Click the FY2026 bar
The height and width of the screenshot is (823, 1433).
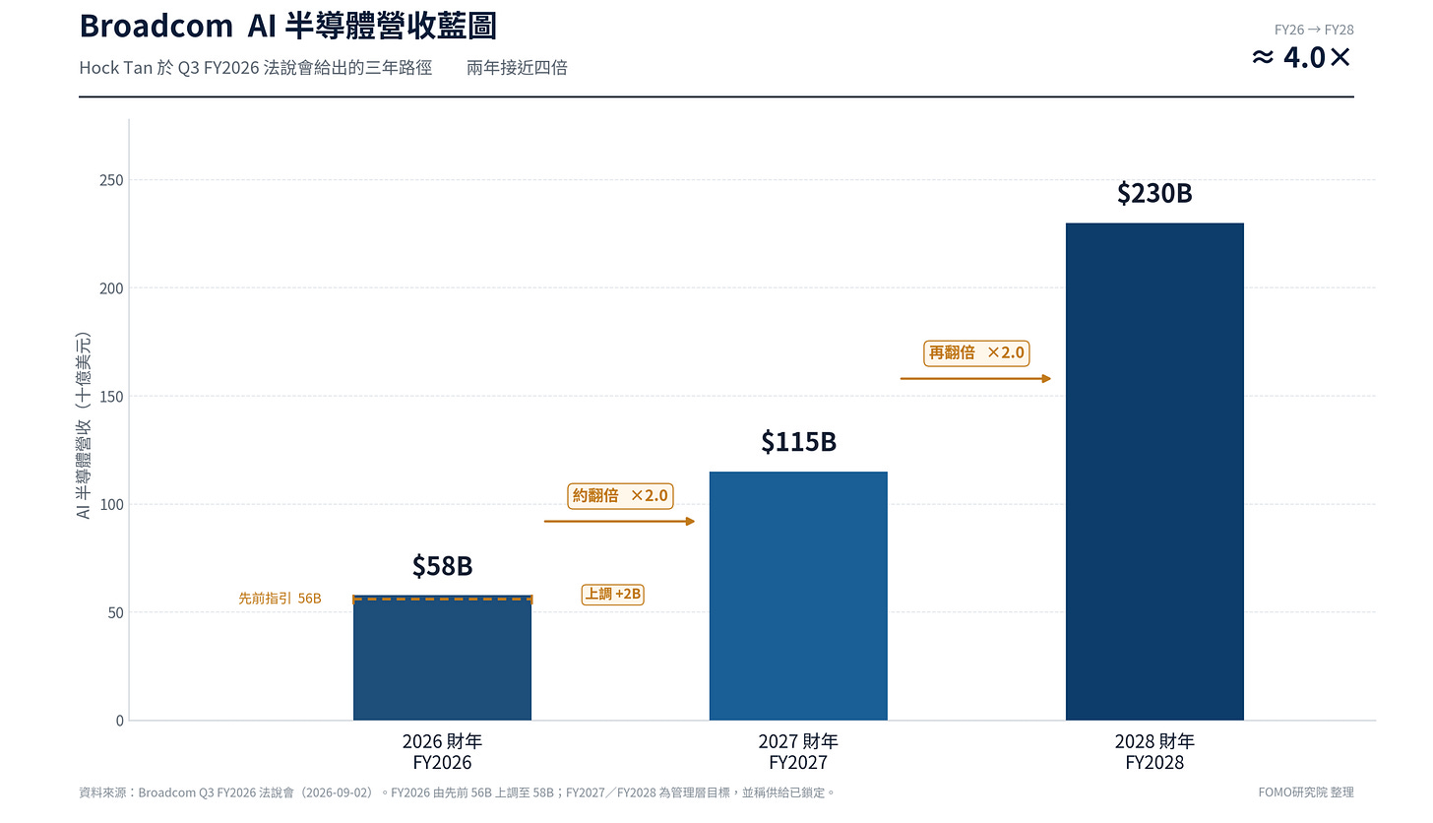coord(442,658)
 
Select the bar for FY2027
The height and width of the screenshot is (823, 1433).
coord(798,596)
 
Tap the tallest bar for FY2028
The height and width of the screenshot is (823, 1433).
coord(1154,472)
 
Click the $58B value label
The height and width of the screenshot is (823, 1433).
coord(442,566)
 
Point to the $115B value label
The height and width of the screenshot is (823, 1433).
coord(798,442)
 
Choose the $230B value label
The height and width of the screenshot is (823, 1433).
coord(1154,193)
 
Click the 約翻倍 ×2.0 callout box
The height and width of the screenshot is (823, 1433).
coord(620,496)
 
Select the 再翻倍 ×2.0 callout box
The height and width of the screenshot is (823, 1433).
coord(976,353)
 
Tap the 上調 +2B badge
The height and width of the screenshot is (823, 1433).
coord(612,595)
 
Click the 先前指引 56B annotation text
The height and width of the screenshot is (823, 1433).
coord(280,599)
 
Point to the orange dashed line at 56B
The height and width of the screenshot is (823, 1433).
coord(442,599)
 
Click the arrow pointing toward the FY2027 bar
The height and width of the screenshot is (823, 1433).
coord(619,522)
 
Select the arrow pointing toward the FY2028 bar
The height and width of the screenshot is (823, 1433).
coord(975,379)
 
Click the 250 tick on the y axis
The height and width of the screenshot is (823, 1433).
coord(111,180)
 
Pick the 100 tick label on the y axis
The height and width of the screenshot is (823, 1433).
coord(111,505)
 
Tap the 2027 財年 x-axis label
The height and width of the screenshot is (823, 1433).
coord(798,741)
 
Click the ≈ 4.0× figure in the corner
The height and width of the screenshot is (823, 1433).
coord(1302,58)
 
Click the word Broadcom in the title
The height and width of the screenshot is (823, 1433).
coord(156,27)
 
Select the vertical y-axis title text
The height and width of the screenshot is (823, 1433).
coord(83,425)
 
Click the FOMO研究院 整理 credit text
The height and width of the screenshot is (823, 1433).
coord(1306,792)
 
